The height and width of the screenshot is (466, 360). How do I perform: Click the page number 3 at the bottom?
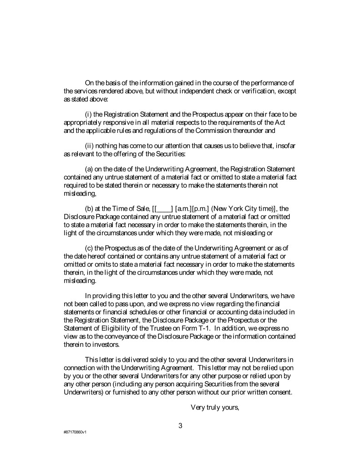click(x=180, y=426)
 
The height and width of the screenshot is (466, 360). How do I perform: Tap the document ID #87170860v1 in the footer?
click(x=75, y=432)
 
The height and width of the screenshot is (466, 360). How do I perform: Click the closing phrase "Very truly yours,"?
click(x=215, y=407)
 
